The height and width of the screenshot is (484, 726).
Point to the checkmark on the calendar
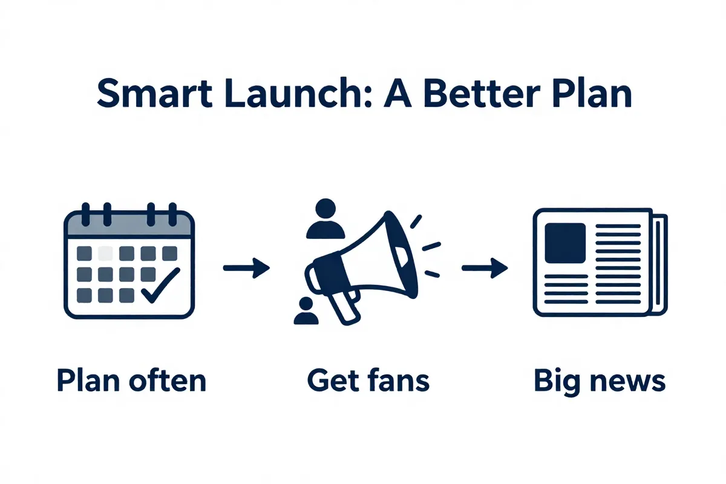point(160,283)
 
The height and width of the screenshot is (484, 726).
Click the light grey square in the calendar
point(106,252)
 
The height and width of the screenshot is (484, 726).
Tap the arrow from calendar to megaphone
point(246,267)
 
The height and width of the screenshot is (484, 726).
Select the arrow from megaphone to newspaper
point(485,267)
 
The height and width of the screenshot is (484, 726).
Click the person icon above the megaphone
point(325,219)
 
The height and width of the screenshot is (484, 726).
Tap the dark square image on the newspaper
point(565,242)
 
